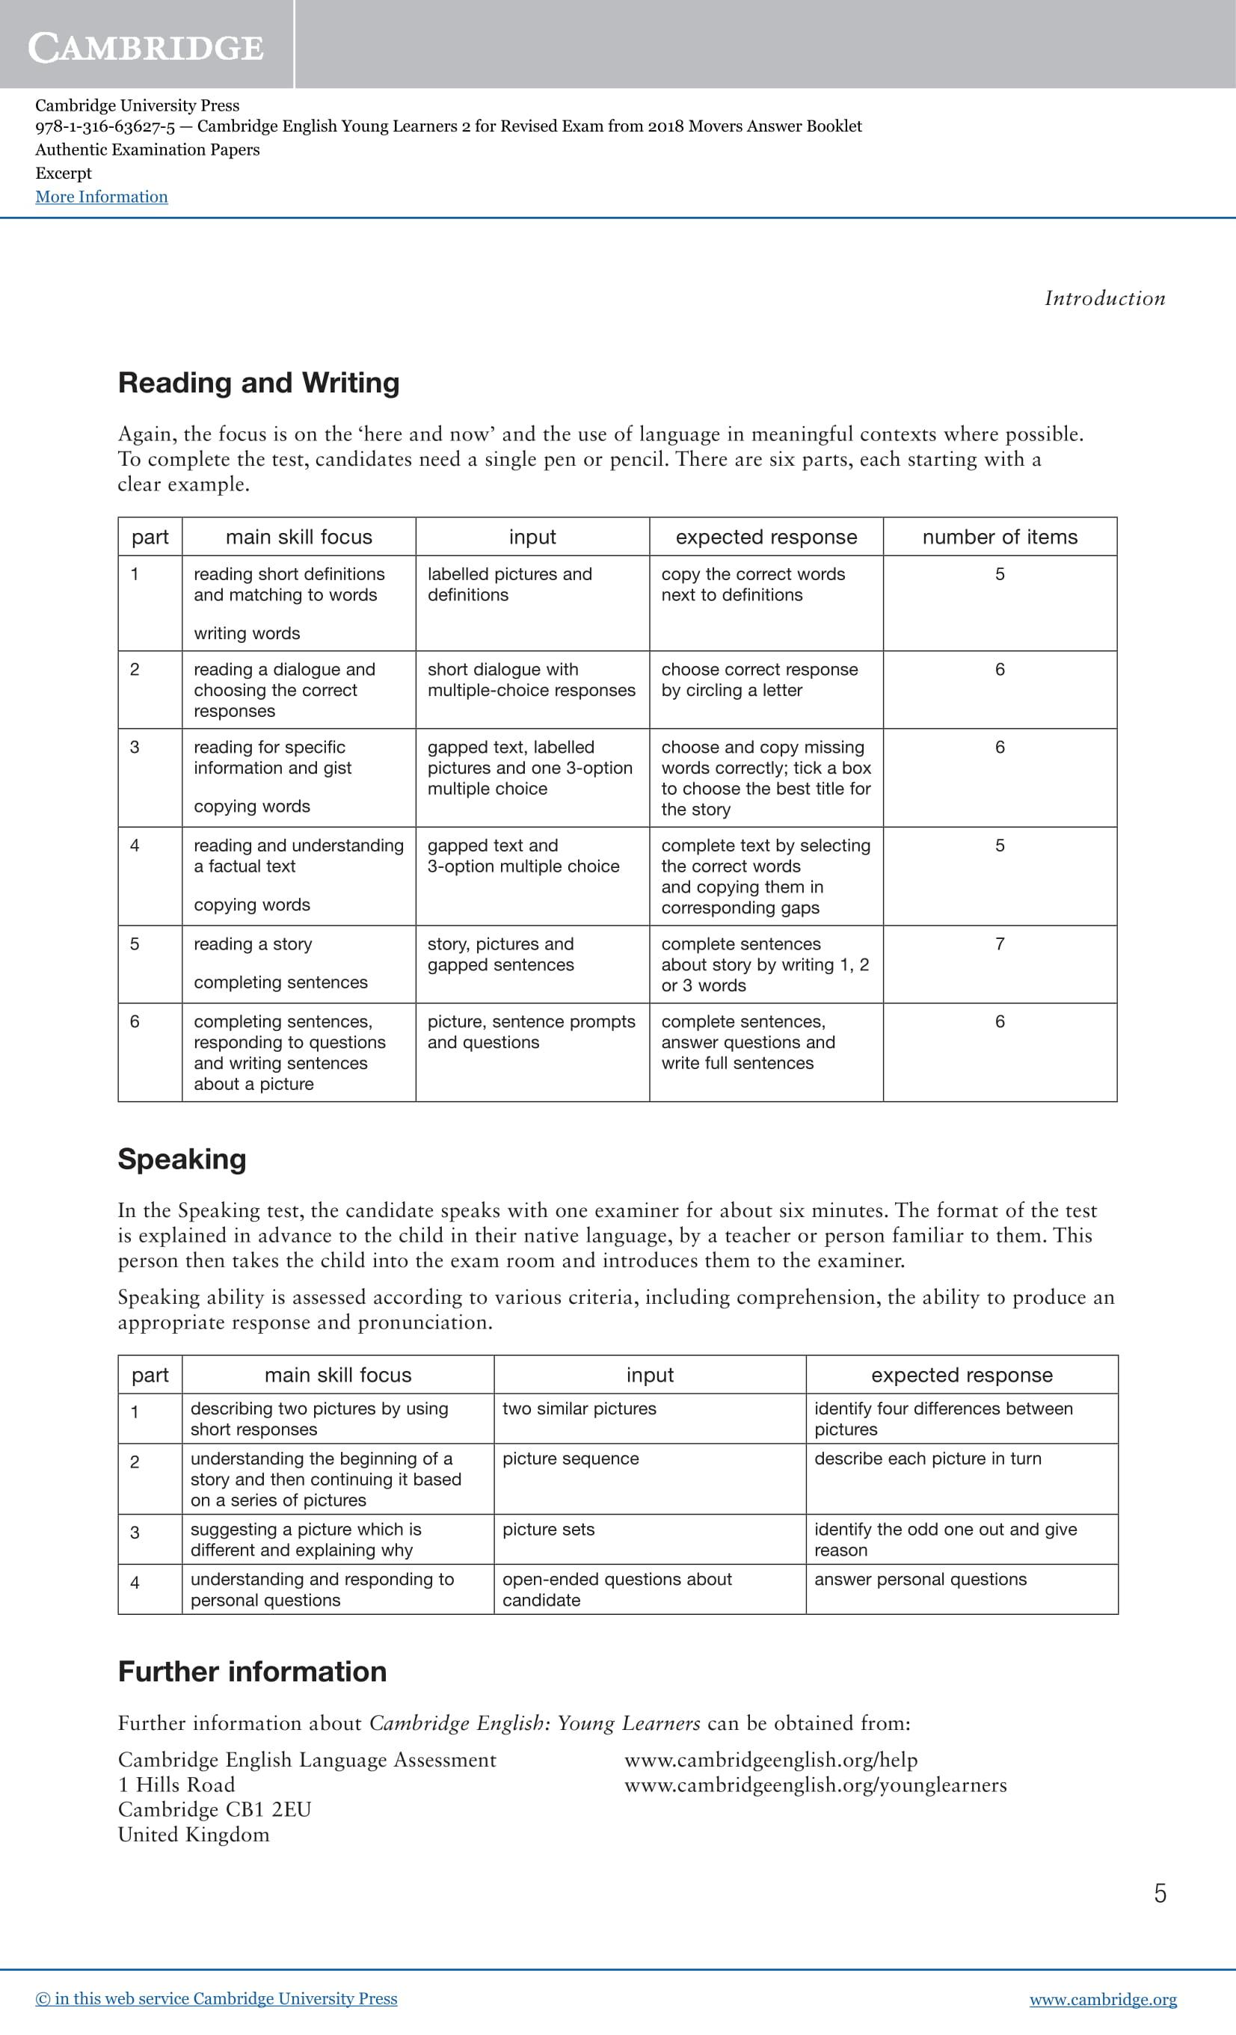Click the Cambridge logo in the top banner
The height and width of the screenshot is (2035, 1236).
point(147,47)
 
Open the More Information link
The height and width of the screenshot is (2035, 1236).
point(101,197)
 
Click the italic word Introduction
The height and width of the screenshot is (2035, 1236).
point(1104,298)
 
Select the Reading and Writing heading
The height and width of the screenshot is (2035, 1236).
point(259,382)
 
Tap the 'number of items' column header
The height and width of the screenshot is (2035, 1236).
point(999,537)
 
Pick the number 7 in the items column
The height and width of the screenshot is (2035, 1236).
point(999,944)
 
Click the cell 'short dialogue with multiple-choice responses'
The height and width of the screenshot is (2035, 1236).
point(531,680)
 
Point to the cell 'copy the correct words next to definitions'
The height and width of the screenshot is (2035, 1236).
point(753,584)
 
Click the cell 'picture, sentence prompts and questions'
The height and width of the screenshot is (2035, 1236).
point(531,1032)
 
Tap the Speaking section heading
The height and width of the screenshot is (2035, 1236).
point(182,1159)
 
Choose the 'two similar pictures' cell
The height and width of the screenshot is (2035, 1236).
point(579,1409)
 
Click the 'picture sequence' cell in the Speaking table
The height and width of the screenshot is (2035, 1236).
point(570,1459)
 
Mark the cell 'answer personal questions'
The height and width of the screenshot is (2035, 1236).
point(920,1579)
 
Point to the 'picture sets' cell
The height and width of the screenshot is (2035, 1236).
point(548,1529)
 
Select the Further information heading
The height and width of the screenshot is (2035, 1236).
point(252,1672)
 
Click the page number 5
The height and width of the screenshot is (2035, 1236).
point(1160,1893)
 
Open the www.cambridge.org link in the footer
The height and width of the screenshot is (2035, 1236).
point(1102,1999)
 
